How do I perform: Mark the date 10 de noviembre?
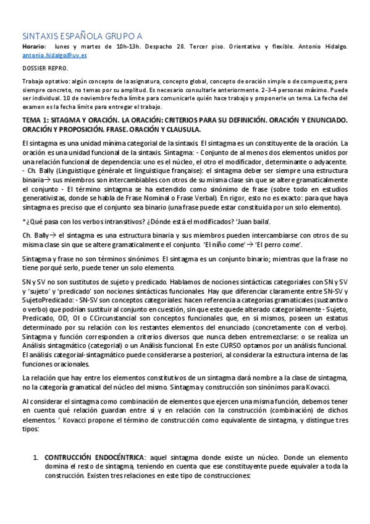[59, 97]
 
